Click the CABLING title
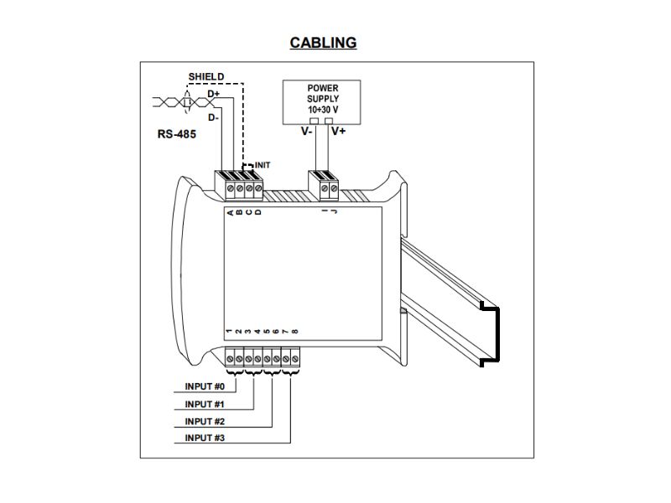click(x=323, y=43)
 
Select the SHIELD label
click(x=205, y=76)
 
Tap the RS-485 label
click(x=176, y=133)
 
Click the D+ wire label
click(x=214, y=94)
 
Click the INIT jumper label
click(x=262, y=165)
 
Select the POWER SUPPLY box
click(x=323, y=99)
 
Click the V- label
click(x=308, y=132)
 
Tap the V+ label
click(x=339, y=132)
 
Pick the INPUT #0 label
click(x=205, y=387)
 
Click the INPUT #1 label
click(x=205, y=404)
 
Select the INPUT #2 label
click(x=205, y=422)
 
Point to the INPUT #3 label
click(x=205, y=438)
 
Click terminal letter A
click(x=230, y=212)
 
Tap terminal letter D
click(x=257, y=212)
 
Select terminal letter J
click(x=335, y=212)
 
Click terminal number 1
click(x=230, y=332)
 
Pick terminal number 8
click(x=294, y=332)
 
